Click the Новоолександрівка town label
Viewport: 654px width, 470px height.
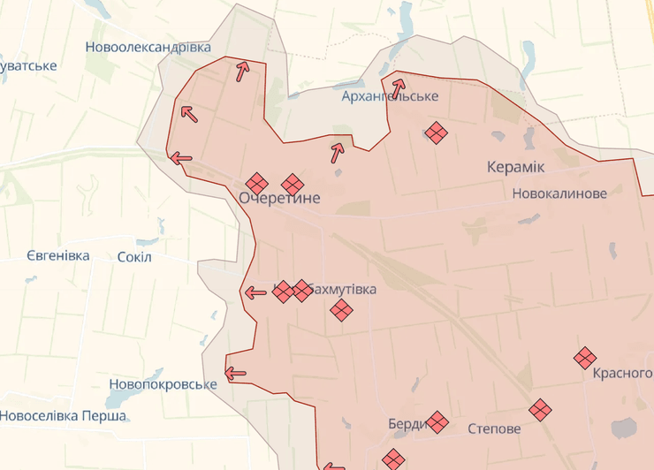148,47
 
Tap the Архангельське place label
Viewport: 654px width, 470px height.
391,95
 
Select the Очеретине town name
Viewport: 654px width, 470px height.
279,198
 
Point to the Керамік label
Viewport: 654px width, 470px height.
515,166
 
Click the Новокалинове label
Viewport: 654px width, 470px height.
559,193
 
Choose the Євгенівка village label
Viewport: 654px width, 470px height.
57,255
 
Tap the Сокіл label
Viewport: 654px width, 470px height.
134,256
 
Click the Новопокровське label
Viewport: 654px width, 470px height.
163,384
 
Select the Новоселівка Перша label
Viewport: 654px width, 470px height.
64,415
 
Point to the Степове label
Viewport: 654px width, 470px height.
494,429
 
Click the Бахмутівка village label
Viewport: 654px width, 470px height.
346,290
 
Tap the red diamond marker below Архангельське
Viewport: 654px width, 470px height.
436,133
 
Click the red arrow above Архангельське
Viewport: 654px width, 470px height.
399,88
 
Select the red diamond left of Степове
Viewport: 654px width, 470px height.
437,422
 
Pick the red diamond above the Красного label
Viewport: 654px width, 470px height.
584,358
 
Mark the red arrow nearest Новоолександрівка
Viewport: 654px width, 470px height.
241,71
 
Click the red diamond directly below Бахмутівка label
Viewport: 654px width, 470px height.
341,310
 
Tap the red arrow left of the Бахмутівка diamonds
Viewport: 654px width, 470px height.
255,292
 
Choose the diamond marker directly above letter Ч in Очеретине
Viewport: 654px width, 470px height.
256,184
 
